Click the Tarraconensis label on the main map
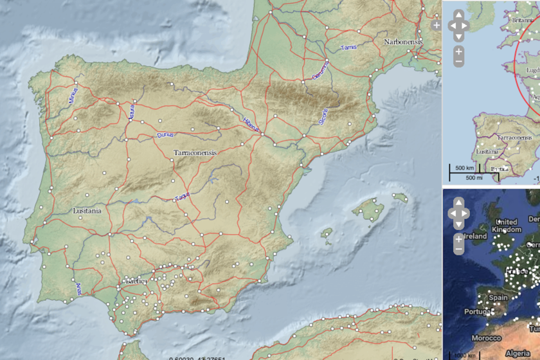click(195, 153)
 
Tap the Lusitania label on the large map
click(87, 210)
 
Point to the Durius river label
click(165, 135)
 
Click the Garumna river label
click(319, 71)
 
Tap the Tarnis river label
click(349, 48)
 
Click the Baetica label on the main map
click(136, 282)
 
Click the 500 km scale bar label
click(465, 168)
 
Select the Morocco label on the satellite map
click(487, 338)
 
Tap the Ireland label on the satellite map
click(474, 236)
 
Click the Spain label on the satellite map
click(498, 298)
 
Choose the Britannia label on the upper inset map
click(522, 20)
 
